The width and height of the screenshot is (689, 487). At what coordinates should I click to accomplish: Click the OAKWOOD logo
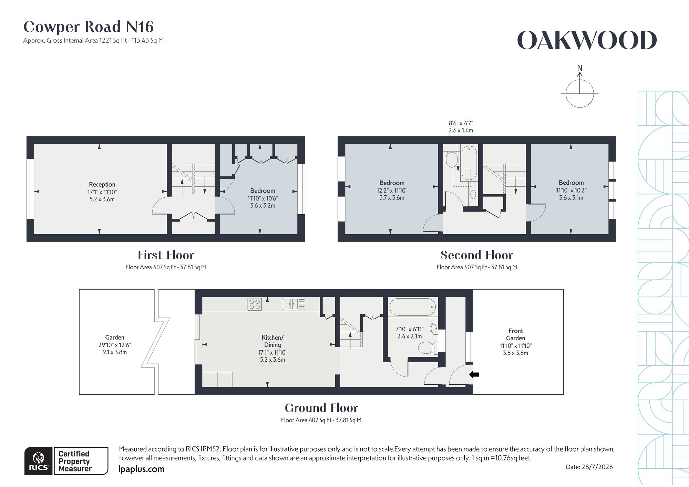[587, 40]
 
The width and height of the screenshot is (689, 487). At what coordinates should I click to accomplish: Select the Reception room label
[102, 185]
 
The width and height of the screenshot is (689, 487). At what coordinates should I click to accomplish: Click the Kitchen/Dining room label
[272, 341]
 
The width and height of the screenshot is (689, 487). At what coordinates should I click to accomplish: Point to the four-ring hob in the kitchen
[255, 304]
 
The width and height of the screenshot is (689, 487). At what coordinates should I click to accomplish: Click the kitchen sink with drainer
[294, 304]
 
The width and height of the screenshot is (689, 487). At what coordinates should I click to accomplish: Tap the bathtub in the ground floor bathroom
[412, 307]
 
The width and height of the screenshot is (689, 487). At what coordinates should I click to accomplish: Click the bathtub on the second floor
[469, 163]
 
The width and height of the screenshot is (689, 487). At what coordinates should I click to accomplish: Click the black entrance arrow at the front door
[474, 374]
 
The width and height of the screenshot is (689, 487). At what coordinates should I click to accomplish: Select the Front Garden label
[516, 334]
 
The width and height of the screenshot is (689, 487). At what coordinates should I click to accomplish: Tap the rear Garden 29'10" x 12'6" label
[115, 345]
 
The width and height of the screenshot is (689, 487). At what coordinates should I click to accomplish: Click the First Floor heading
[166, 255]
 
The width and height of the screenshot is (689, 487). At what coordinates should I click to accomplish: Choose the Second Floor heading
[477, 255]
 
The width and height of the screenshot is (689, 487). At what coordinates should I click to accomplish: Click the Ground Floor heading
[321, 408]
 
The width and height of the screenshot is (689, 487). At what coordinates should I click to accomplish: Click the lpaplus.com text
[141, 469]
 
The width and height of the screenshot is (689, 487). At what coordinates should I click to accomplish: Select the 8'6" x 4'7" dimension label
[461, 123]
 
